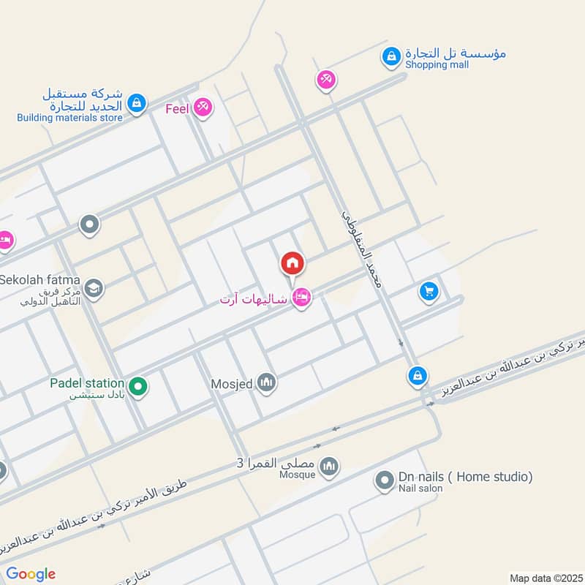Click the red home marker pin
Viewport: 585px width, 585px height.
(x=292, y=264)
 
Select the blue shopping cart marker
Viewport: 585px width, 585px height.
(x=429, y=292)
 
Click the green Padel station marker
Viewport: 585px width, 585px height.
(x=137, y=385)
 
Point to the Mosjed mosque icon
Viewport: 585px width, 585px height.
(x=267, y=382)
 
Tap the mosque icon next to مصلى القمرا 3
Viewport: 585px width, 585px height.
(x=330, y=466)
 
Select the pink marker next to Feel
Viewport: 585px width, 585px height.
(x=203, y=108)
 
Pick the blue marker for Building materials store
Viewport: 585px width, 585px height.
(x=136, y=104)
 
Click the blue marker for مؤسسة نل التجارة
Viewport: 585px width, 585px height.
(x=392, y=56)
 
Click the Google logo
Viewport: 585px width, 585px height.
(x=31, y=574)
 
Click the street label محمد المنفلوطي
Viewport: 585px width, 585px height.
(x=363, y=249)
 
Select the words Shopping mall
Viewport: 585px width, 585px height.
(x=438, y=65)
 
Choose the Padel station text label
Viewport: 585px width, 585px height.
(x=87, y=382)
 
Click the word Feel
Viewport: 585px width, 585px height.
(x=178, y=109)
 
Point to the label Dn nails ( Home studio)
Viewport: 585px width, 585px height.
(x=465, y=477)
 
